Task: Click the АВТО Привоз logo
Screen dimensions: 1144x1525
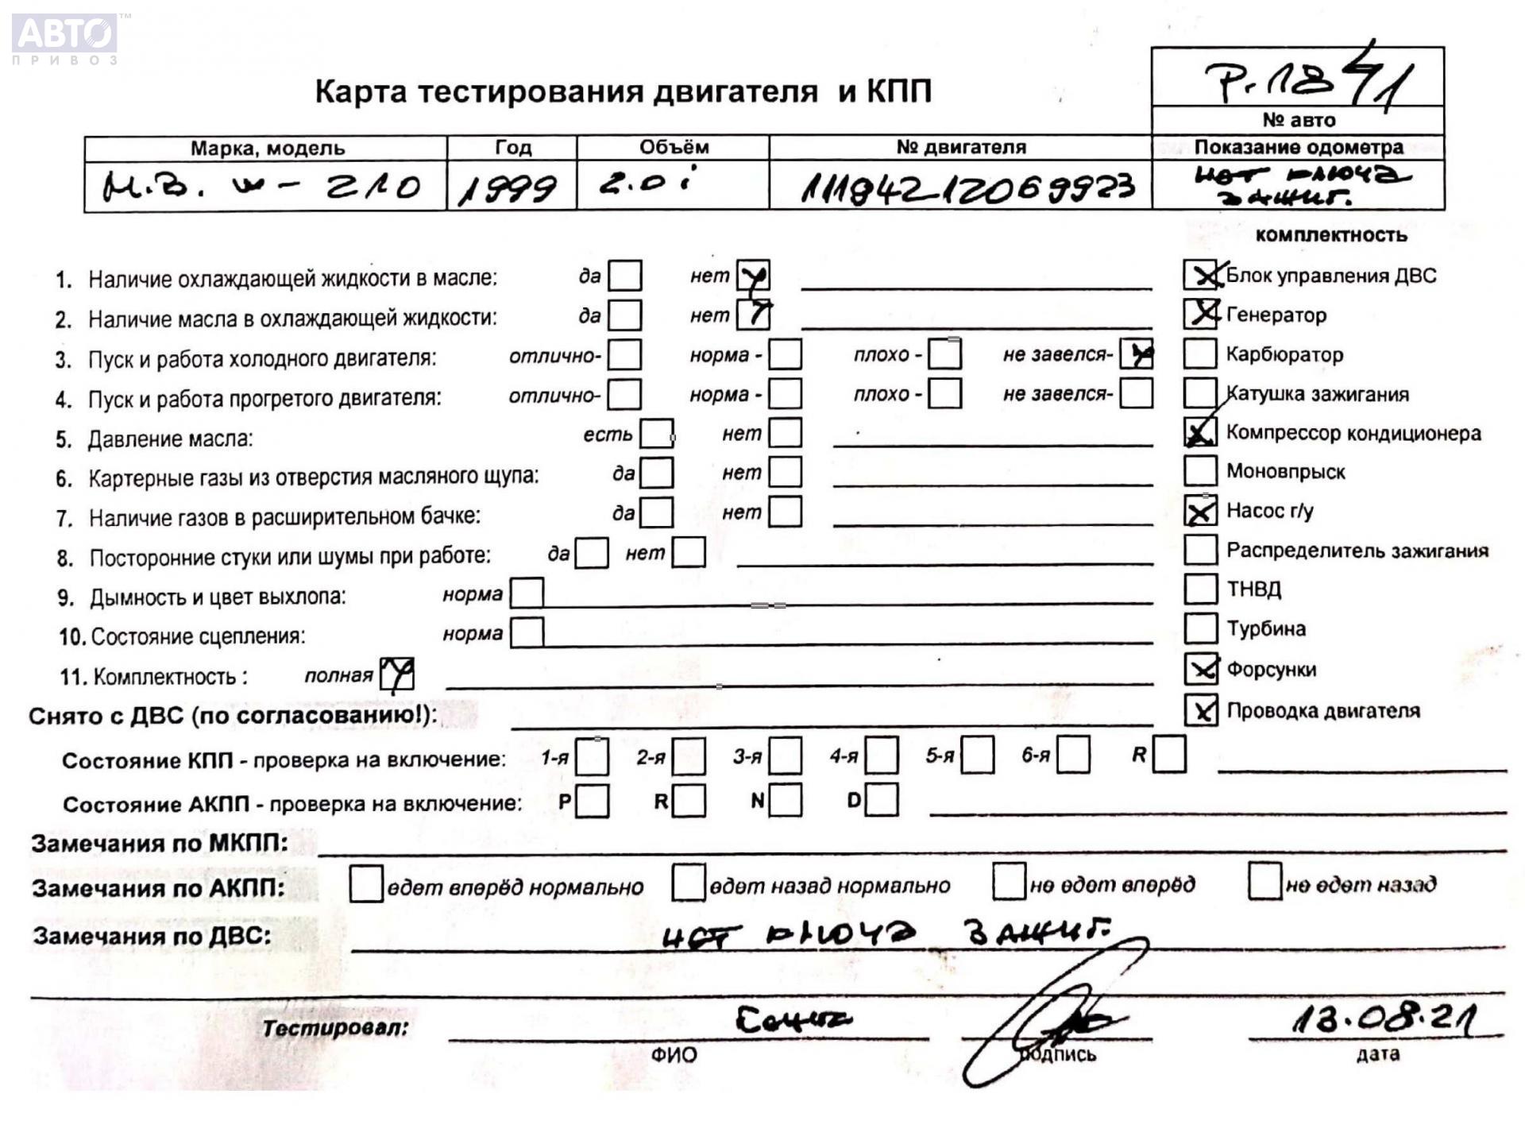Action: (x=65, y=38)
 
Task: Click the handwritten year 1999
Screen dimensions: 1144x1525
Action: (x=508, y=188)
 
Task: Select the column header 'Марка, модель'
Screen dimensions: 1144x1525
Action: (x=267, y=148)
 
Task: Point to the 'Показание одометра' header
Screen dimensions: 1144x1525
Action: (x=1298, y=147)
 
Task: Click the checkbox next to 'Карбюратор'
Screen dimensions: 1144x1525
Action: (x=1199, y=354)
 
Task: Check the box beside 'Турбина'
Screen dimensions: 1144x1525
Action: (x=1199, y=628)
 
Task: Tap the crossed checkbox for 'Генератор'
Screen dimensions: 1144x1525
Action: (x=1200, y=314)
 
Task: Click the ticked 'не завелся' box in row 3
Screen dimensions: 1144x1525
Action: (x=1137, y=354)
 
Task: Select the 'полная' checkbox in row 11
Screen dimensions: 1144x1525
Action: (x=396, y=675)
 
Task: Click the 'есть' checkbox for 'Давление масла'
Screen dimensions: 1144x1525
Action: (x=657, y=434)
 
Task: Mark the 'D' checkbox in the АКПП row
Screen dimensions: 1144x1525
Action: (x=882, y=800)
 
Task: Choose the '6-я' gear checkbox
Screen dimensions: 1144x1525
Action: (x=1073, y=755)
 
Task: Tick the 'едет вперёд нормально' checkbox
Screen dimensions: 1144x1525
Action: (x=366, y=884)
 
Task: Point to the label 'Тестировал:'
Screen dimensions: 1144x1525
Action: (x=335, y=1028)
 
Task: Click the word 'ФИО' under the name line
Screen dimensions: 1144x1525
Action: (x=674, y=1055)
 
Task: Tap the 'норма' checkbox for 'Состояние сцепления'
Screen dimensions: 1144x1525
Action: (x=527, y=633)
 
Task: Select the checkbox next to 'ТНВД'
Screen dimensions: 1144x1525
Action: (x=1199, y=589)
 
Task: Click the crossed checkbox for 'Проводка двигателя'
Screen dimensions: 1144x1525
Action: (x=1200, y=710)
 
